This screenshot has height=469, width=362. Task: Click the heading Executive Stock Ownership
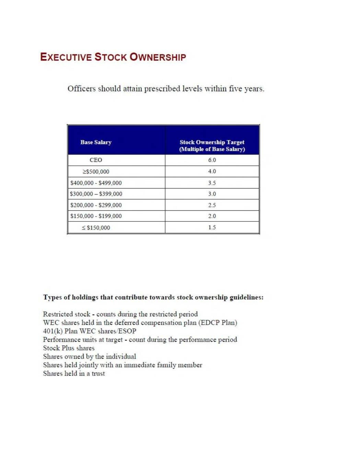(113, 57)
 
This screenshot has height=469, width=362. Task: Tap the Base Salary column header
(96, 142)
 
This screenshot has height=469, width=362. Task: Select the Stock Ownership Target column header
(212, 145)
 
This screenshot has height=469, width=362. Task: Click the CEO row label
(96, 160)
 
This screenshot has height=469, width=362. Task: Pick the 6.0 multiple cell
(212, 160)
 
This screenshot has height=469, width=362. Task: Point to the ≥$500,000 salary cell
(96, 171)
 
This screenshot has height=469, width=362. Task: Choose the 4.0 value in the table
(212, 171)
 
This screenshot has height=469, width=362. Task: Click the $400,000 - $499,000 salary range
(96, 183)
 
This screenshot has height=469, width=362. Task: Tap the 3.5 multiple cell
(212, 183)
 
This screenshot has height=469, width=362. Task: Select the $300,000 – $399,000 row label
(96, 194)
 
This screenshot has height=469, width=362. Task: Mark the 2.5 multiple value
(212, 205)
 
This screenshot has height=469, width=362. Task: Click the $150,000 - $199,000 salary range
(96, 216)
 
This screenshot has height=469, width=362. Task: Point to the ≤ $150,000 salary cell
(96, 227)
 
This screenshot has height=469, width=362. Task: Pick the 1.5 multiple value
(212, 227)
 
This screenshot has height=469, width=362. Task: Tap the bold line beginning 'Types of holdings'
(153, 297)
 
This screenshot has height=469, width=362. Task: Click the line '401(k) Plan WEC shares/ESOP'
(90, 331)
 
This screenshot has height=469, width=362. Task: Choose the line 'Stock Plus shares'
(69, 348)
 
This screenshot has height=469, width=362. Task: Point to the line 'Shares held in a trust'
(74, 373)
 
